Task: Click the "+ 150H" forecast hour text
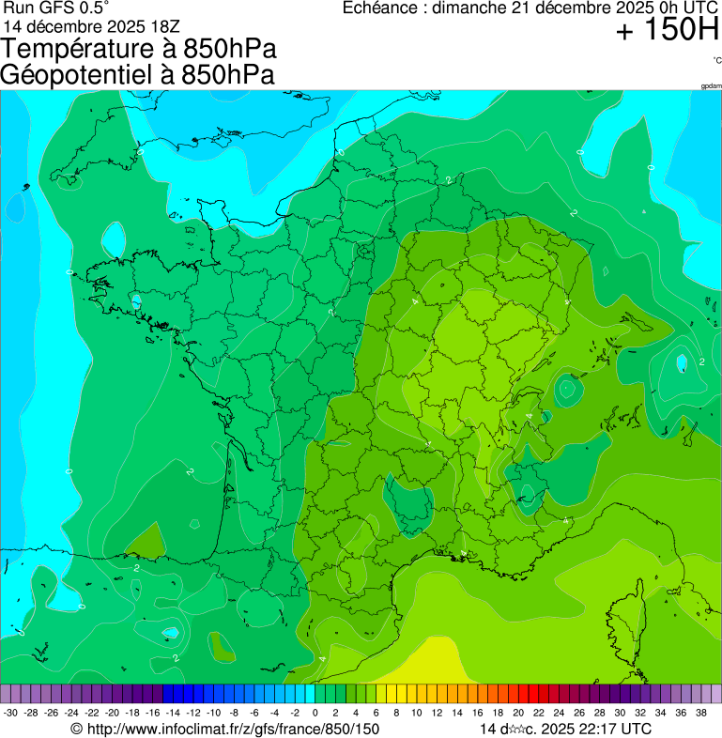click(x=668, y=31)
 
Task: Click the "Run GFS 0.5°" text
click(x=49, y=8)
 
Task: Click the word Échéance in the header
click(x=380, y=8)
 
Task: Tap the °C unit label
click(x=716, y=60)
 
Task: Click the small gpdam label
click(x=711, y=86)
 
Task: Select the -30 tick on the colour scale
click(x=10, y=714)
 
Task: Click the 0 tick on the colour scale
click(x=315, y=714)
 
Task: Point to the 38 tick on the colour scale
click(x=700, y=714)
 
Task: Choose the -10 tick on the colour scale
click(x=213, y=714)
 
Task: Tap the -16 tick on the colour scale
click(x=152, y=714)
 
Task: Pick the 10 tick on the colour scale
click(x=416, y=714)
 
